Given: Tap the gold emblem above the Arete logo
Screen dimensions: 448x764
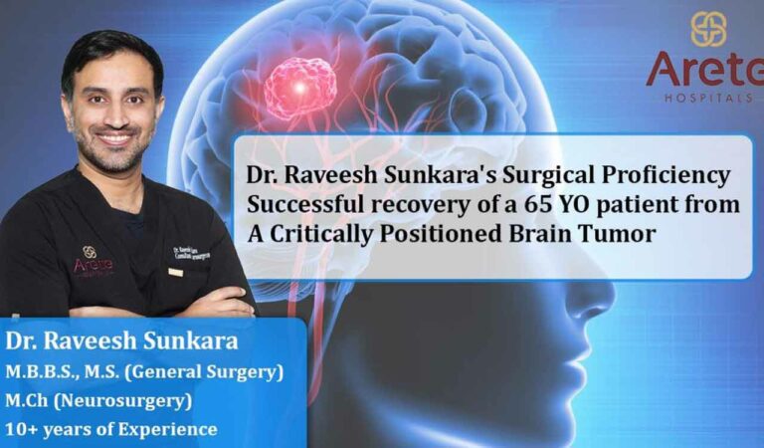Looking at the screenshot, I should (708, 29).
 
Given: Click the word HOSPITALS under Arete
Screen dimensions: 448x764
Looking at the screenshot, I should (708, 97).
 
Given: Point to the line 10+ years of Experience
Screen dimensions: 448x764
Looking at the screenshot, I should (111, 430).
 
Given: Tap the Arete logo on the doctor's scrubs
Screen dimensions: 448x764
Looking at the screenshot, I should (93, 262).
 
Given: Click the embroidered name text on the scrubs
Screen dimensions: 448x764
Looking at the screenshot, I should (188, 251).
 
